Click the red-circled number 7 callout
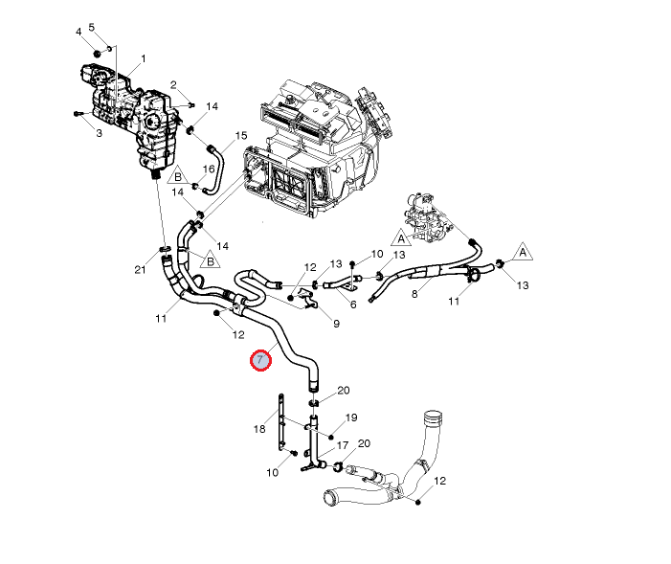point(260,361)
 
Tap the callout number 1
point(144,58)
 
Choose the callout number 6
point(353,305)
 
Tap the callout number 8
point(414,294)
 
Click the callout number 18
point(259,429)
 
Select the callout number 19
point(351,417)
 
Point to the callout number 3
point(98,133)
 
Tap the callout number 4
point(79,32)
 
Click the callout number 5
point(92,26)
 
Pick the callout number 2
point(174,85)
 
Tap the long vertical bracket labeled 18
point(281,421)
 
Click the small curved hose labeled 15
point(214,164)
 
